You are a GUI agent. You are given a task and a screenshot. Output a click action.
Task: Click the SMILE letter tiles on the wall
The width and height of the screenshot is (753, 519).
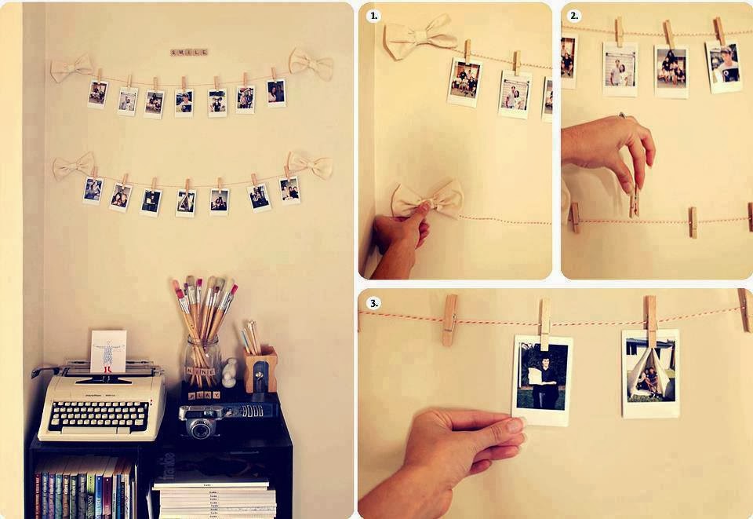coord(189,53)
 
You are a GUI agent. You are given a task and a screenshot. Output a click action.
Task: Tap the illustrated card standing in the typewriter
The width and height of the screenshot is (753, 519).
coord(108,351)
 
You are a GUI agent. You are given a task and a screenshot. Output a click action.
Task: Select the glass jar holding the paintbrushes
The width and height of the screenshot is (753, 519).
coord(202,361)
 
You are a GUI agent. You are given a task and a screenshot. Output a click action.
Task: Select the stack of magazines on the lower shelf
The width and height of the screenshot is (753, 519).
coord(214,495)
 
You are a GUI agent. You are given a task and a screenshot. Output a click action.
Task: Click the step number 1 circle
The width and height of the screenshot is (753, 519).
coord(373,16)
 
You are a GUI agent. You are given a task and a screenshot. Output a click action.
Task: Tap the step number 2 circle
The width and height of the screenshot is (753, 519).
coord(574,16)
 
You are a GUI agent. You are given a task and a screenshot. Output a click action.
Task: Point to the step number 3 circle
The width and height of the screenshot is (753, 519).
coord(373,302)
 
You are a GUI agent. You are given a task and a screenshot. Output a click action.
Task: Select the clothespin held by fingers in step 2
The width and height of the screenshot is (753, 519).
coord(634,201)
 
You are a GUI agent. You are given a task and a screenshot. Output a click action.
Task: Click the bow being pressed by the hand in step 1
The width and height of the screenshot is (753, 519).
coord(427,199)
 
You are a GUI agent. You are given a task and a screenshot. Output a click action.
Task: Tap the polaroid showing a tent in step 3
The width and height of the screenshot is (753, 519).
coord(650,373)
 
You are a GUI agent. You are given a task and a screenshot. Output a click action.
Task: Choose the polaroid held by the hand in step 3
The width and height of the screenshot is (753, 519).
coord(541,380)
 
